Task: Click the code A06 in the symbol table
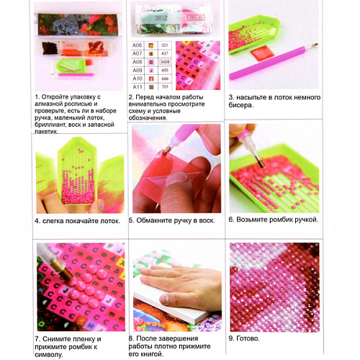pyautogui.click(x=138, y=45)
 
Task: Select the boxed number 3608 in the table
pyautogui.click(x=165, y=62)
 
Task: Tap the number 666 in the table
pyautogui.click(x=165, y=78)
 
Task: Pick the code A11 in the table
pyautogui.click(x=138, y=86)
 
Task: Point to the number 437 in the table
pyautogui.click(x=165, y=53)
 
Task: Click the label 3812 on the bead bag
pyautogui.click(x=161, y=18)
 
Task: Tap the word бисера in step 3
pyautogui.click(x=240, y=105)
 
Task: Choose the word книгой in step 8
pyautogui.click(x=152, y=354)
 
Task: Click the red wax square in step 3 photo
pyautogui.click(x=262, y=53)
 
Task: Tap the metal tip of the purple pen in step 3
pyautogui.click(x=315, y=45)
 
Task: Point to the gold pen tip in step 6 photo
pyautogui.click(x=260, y=161)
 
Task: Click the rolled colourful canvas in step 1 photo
pyautogui.click(x=78, y=24)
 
